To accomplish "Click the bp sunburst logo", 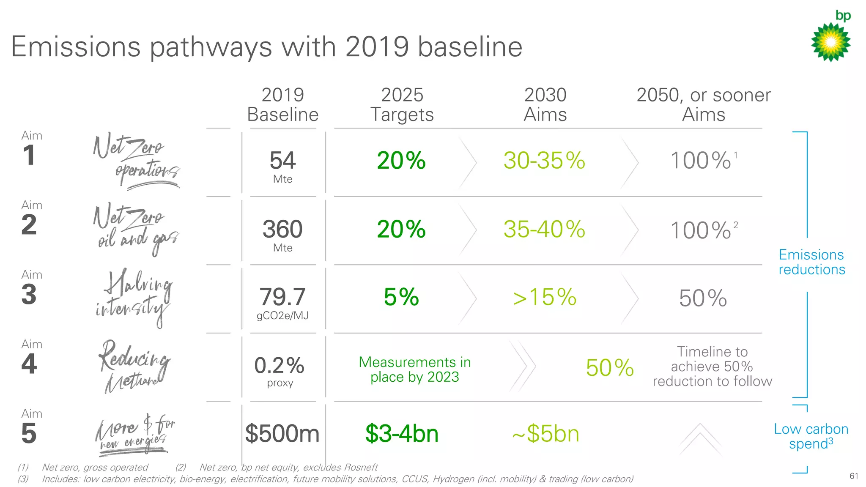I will [x=830, y=42].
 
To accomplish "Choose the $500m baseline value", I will [x=282, y=434].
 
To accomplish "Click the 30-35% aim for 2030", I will [x=544, y=161].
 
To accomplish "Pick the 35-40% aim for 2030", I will [x=544, y=230].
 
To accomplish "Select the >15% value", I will [x=545, y=297].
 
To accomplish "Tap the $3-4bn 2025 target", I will [x=402, y=434].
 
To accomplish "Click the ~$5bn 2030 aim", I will [x=545, y=434].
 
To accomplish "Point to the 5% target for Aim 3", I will [x=401, y=297].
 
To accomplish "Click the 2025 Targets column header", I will [x=402, y=105].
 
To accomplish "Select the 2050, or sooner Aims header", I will [x=704, y=105].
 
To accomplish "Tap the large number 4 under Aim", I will [x=29, y=364].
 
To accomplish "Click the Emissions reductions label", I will [x=811, y=262].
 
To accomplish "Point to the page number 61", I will [x=854, y=476].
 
